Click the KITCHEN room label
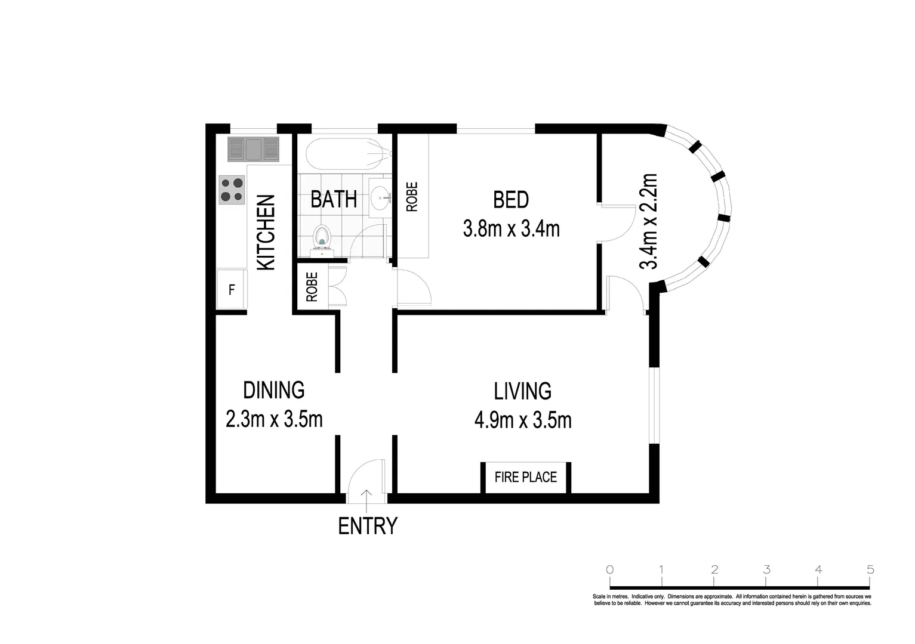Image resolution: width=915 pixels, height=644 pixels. tap(266, 232)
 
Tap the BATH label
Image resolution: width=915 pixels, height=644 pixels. tap(334, 200)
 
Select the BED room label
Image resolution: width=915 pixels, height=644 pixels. tap(510, 200)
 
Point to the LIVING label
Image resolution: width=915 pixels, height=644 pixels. tap(522, 391)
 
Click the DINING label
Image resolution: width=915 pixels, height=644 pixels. tap(274, 390)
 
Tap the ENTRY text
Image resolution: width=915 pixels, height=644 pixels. tap(368, 526)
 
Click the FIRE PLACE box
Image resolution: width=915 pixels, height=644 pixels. tap(526, 477)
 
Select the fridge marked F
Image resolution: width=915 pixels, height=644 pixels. tap(232, 289)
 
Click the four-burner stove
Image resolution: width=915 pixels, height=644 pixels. tap(232, 190)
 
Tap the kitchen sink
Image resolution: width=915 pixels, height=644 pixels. tap(253, 149)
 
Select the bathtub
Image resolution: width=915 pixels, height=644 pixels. tap(349, 153)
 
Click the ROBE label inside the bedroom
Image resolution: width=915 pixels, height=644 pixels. tap(412, 197)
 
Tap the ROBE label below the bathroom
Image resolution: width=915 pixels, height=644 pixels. tap(312, 287)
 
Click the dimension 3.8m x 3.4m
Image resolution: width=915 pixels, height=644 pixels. tap(511, 229)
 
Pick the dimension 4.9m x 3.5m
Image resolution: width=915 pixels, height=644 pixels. tap(523, 420)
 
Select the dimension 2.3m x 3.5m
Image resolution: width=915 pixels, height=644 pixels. tap(274, 419)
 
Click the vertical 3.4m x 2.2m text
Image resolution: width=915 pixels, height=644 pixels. tap(648, 221)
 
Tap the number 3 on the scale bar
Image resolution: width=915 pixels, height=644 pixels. tap(767, 569)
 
